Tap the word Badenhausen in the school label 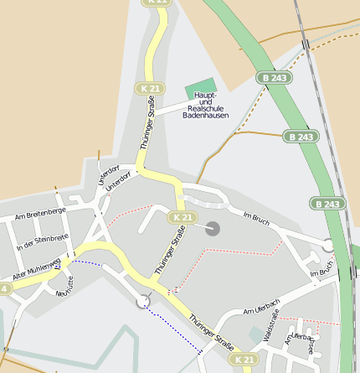206,116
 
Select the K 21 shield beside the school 151,88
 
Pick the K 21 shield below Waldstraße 244,359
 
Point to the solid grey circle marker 212,228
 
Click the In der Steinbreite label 42,242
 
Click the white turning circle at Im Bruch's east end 327,245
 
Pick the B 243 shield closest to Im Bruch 328,204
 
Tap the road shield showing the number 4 5,288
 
